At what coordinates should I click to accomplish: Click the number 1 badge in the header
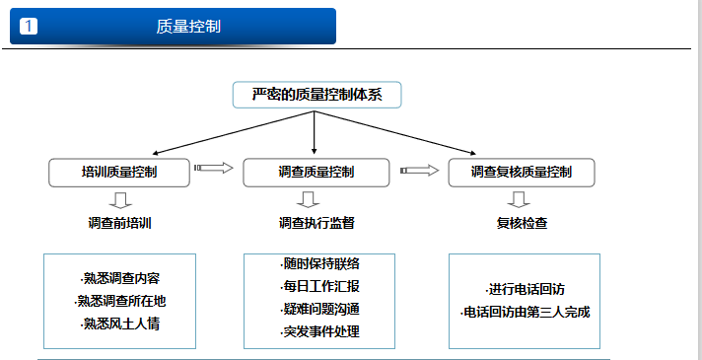29,27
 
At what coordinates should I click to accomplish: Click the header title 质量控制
188,27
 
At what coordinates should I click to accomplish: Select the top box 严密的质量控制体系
317,95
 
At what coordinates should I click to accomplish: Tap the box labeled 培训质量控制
119,173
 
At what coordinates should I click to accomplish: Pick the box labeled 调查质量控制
315,173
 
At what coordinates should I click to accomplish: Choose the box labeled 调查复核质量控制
522,173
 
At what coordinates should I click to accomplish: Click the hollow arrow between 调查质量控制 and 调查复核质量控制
419,170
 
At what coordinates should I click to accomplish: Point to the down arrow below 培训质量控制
119,199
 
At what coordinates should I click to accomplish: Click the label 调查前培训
119,223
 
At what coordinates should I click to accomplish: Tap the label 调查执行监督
316,223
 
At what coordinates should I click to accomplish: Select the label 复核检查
522,223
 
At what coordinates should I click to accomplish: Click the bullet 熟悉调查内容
119,278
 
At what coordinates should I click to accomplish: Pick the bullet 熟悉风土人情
119,323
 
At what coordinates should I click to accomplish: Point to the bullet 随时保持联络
319,263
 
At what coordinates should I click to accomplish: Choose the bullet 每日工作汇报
319,286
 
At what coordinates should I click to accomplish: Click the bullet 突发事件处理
319,331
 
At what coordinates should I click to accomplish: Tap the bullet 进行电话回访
526,290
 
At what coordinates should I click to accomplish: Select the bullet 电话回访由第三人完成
526,313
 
